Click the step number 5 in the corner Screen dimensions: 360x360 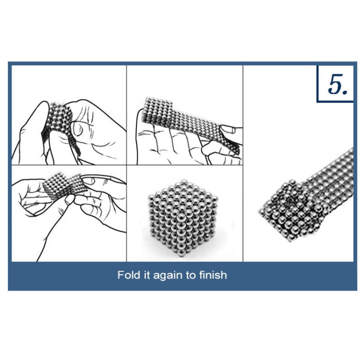coord(337,84)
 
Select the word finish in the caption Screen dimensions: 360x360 coord(213,275)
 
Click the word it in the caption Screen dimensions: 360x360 coord(147,275)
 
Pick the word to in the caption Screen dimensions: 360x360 coord(191,276)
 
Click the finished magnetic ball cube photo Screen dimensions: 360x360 coord(182,218)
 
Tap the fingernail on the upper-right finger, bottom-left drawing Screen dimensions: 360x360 coord(90,180)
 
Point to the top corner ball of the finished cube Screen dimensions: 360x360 coord(182,183)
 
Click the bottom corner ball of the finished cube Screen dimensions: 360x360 coord(181,252)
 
